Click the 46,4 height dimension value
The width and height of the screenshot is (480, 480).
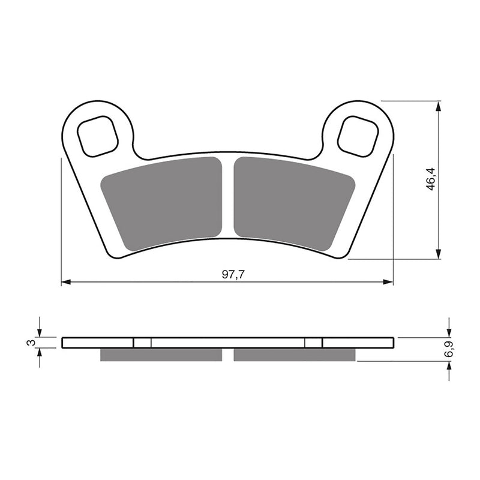coord(431,179)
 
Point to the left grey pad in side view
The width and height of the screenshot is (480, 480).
coord(161,355)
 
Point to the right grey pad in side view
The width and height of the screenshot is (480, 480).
coord(295,355)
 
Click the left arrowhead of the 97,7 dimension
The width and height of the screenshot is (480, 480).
coord(66,281)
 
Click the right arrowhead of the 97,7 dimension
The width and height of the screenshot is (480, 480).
coord(389,281)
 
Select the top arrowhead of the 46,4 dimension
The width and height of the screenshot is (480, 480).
coord(440,107)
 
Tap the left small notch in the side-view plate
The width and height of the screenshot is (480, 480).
coord(142,343)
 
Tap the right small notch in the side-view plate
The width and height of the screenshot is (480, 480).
coord(313,343)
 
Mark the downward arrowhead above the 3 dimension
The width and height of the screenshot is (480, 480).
coord(40,332)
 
